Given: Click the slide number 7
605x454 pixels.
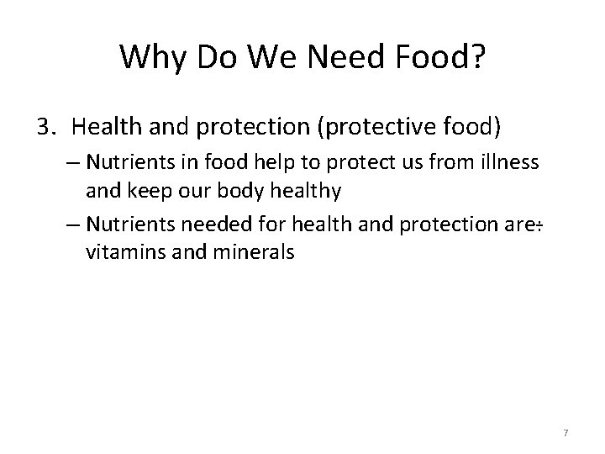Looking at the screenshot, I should (566, 432).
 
